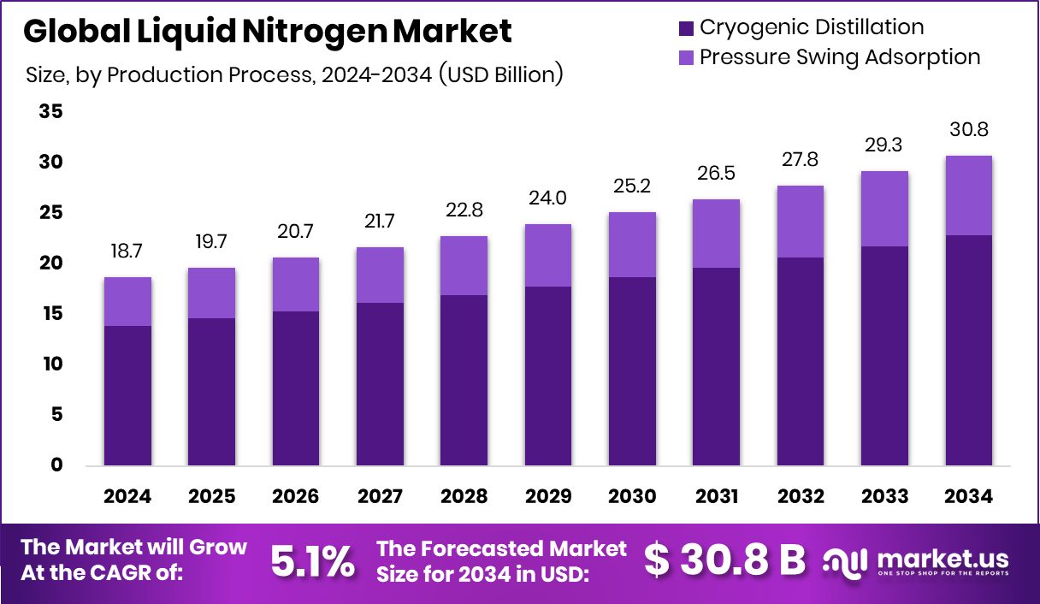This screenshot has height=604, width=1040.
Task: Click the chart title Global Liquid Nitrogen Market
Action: coord(268,32)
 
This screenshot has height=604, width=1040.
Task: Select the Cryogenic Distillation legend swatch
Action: coord(686,27)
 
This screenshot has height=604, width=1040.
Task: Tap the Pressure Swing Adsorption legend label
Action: coord(840,57)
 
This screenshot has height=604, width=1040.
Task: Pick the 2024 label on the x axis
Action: coord(127,497)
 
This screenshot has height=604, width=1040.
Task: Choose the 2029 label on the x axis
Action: coord(548,497)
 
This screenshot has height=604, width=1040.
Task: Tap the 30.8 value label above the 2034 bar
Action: coord(969,131)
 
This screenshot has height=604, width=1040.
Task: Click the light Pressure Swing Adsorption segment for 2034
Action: coord(969,195)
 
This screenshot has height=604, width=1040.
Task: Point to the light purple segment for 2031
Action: coord(717,234)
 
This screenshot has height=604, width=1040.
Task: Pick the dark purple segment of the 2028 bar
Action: coord(464,380)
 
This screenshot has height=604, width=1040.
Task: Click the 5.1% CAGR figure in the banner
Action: coord(312,561)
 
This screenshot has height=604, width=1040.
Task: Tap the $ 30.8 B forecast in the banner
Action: coord(724,560)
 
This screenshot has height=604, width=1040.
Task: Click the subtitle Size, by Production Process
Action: coord(294,74)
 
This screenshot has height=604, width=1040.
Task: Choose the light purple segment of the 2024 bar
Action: coord(127,301)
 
